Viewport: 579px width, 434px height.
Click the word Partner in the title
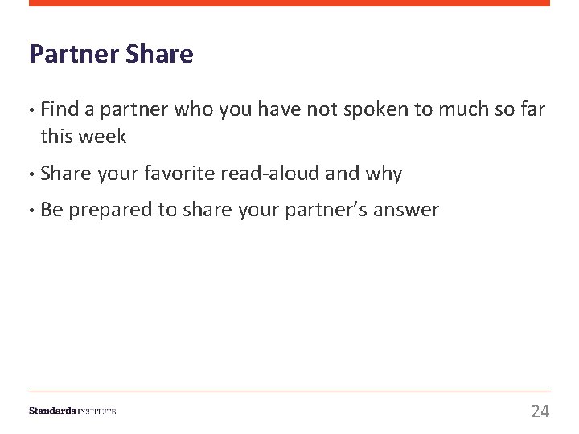point(74,55)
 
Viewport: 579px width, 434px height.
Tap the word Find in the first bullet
point(58,109)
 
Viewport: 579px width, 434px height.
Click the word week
point(103,137)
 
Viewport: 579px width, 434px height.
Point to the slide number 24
point(540,411)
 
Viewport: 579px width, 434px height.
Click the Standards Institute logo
point(72,411)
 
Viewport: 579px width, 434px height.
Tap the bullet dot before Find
point(31,109)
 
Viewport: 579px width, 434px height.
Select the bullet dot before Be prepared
point(31,211)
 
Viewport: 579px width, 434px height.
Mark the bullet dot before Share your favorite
point(31,174)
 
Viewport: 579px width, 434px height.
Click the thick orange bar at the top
point(289,3)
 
